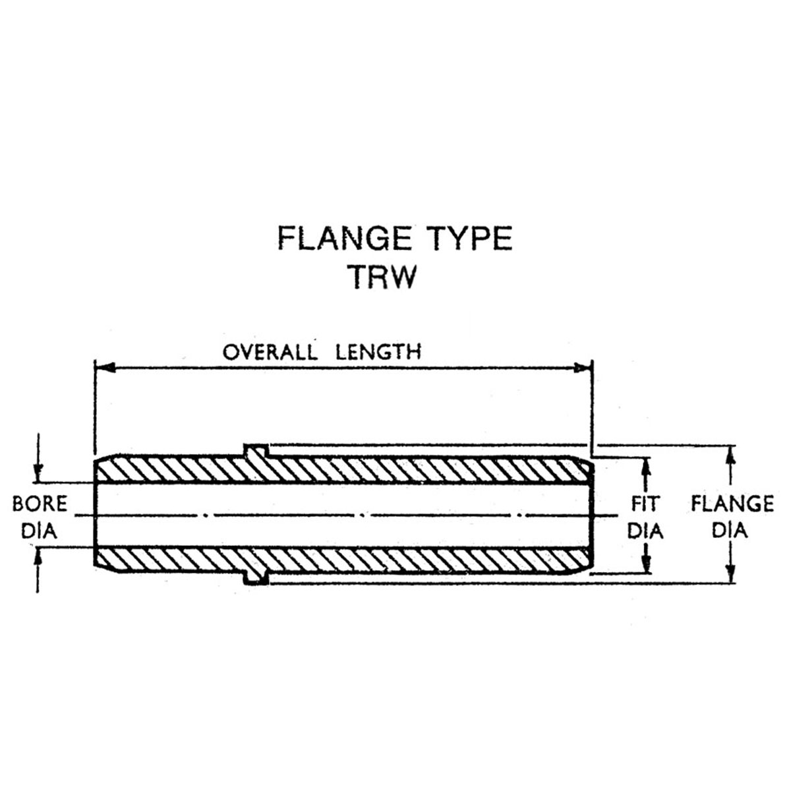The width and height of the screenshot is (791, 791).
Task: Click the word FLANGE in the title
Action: click(344, 238)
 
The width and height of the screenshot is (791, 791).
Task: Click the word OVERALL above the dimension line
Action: click(270, 352)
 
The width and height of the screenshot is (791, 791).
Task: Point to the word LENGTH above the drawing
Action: click(378, 352)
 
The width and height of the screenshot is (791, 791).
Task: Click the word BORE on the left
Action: click(40, 504)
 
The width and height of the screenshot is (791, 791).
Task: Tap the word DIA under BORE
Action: click(39, 531)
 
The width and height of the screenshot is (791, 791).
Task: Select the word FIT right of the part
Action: click(646, 504)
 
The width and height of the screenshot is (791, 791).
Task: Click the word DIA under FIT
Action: click(645, 531)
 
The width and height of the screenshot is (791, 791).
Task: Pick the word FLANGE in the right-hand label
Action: click(732, 504)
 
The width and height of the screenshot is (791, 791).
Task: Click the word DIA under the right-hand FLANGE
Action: click(730, 531)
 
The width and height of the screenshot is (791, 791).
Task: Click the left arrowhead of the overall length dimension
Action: click(105, 367)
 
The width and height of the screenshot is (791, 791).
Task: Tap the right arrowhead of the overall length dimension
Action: click(582, 367)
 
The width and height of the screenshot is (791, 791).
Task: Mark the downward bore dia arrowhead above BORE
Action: click(38, 472)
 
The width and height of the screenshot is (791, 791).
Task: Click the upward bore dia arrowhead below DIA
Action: click(38, 558)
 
